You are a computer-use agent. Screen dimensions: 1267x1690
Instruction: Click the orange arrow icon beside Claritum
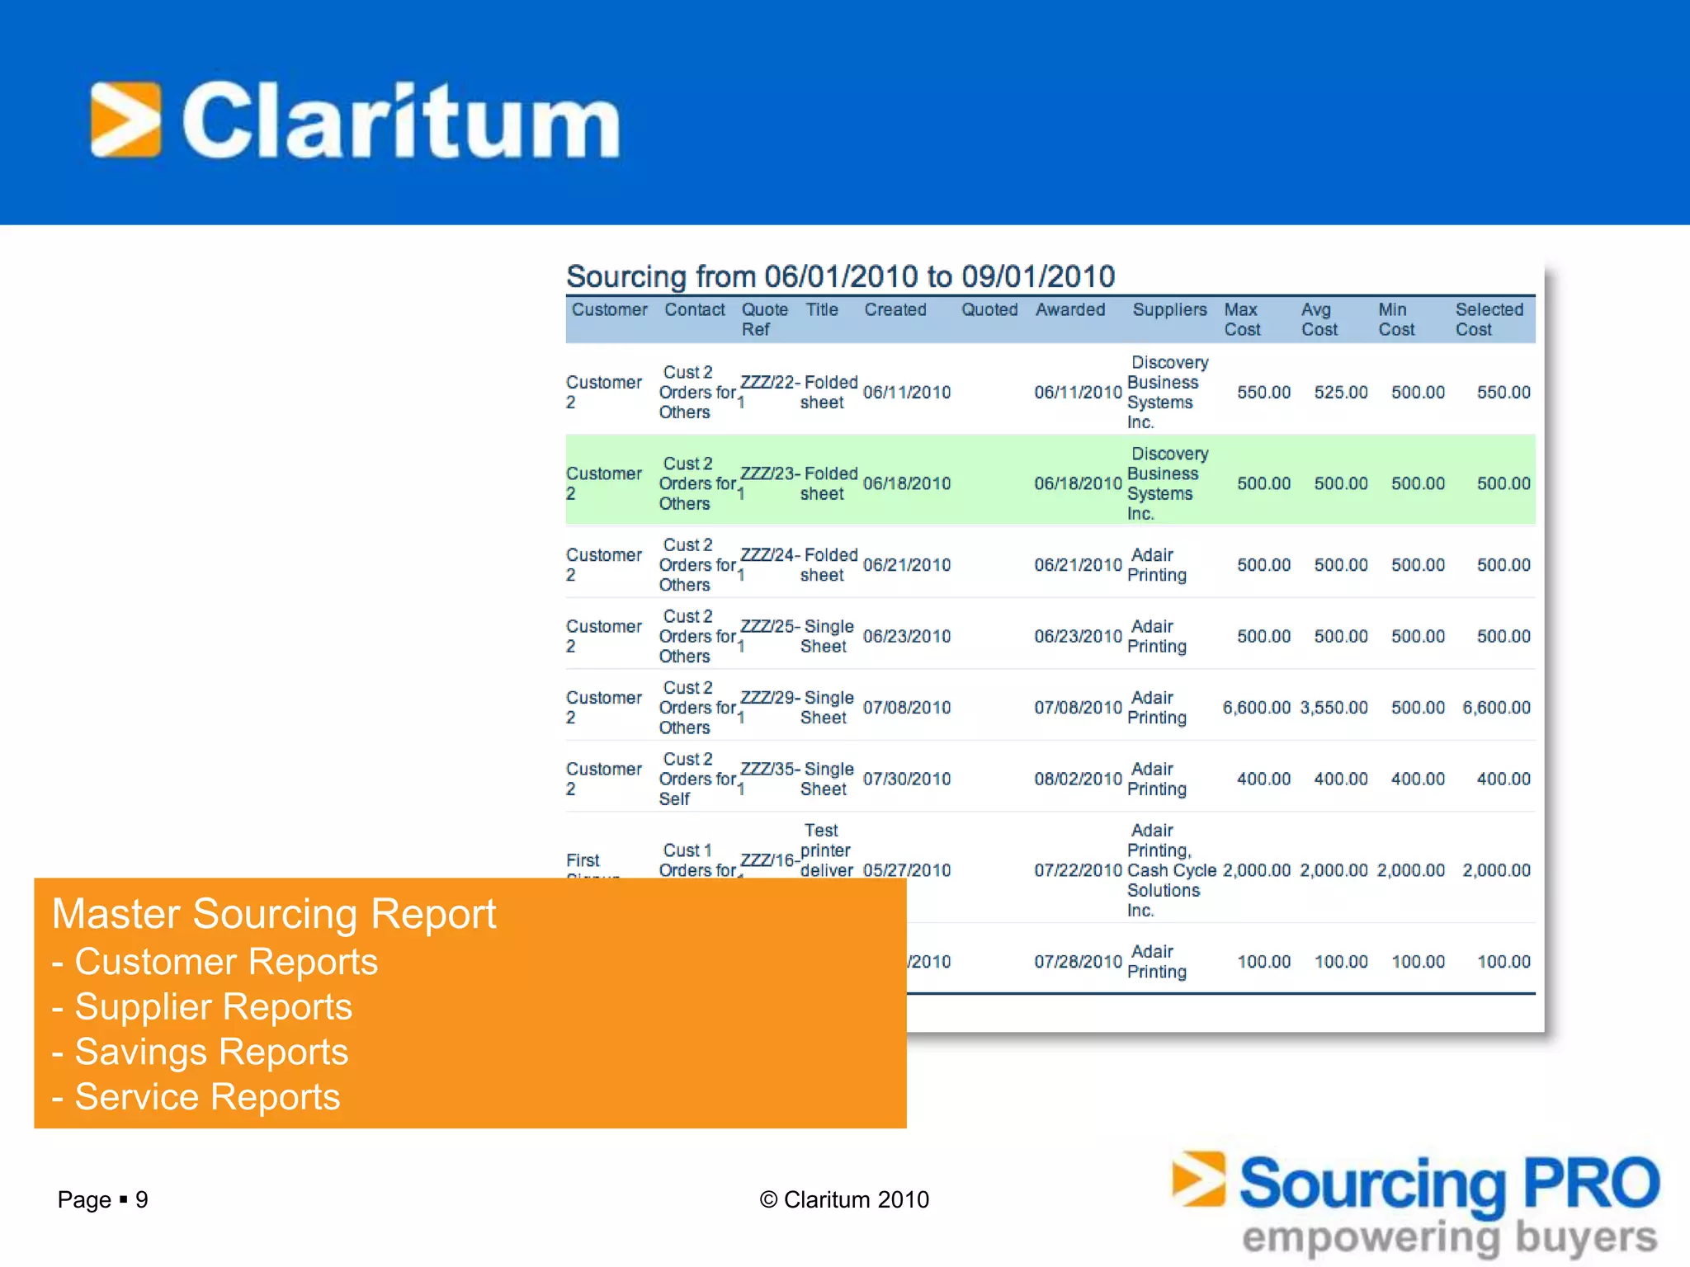click(125, 120)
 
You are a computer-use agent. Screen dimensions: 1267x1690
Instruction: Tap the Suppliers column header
click(1168, 310)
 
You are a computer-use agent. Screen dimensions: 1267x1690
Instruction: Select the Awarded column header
click(1070, 310)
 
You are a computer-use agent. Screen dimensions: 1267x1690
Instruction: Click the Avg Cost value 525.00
click(1340, 393)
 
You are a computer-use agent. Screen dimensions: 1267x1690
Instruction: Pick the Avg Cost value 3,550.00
click(1334, 708)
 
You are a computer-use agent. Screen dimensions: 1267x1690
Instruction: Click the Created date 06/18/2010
click(907, 484)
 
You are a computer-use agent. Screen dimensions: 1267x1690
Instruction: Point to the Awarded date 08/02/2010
click(1078, 780)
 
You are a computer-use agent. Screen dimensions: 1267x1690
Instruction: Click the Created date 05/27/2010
click(907, 870)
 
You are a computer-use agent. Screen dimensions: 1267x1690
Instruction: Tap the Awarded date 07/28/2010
click(1078, 962)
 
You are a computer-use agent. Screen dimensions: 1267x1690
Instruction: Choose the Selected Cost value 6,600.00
click(1496, 708)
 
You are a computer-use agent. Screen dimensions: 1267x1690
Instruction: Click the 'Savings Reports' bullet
click(211, 1052)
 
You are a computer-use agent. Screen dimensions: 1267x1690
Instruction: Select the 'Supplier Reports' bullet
click(213, 1007)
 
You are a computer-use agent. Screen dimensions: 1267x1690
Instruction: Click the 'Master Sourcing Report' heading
click(274, 914)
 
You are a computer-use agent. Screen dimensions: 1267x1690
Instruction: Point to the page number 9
click(142, 1199)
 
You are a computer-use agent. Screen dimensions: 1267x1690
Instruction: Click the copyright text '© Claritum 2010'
click(844, 1199)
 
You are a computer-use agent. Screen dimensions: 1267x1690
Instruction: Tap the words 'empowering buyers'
click(1449, 1238)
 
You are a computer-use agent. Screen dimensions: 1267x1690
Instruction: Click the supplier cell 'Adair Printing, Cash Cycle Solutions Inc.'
click(1170, 870)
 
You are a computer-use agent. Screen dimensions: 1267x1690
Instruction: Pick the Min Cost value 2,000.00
click(1410, 870)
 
